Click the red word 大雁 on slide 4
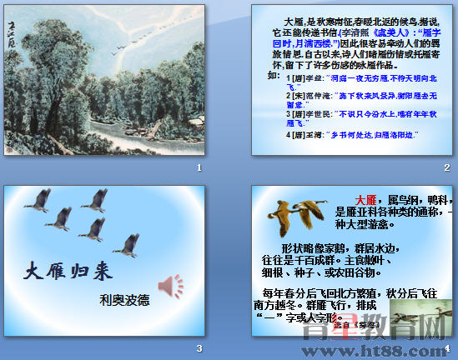coord(365,200)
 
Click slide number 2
coord(447,168)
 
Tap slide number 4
coord(447,347)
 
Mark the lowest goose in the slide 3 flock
coord(128,245)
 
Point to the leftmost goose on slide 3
coord(38,200)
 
